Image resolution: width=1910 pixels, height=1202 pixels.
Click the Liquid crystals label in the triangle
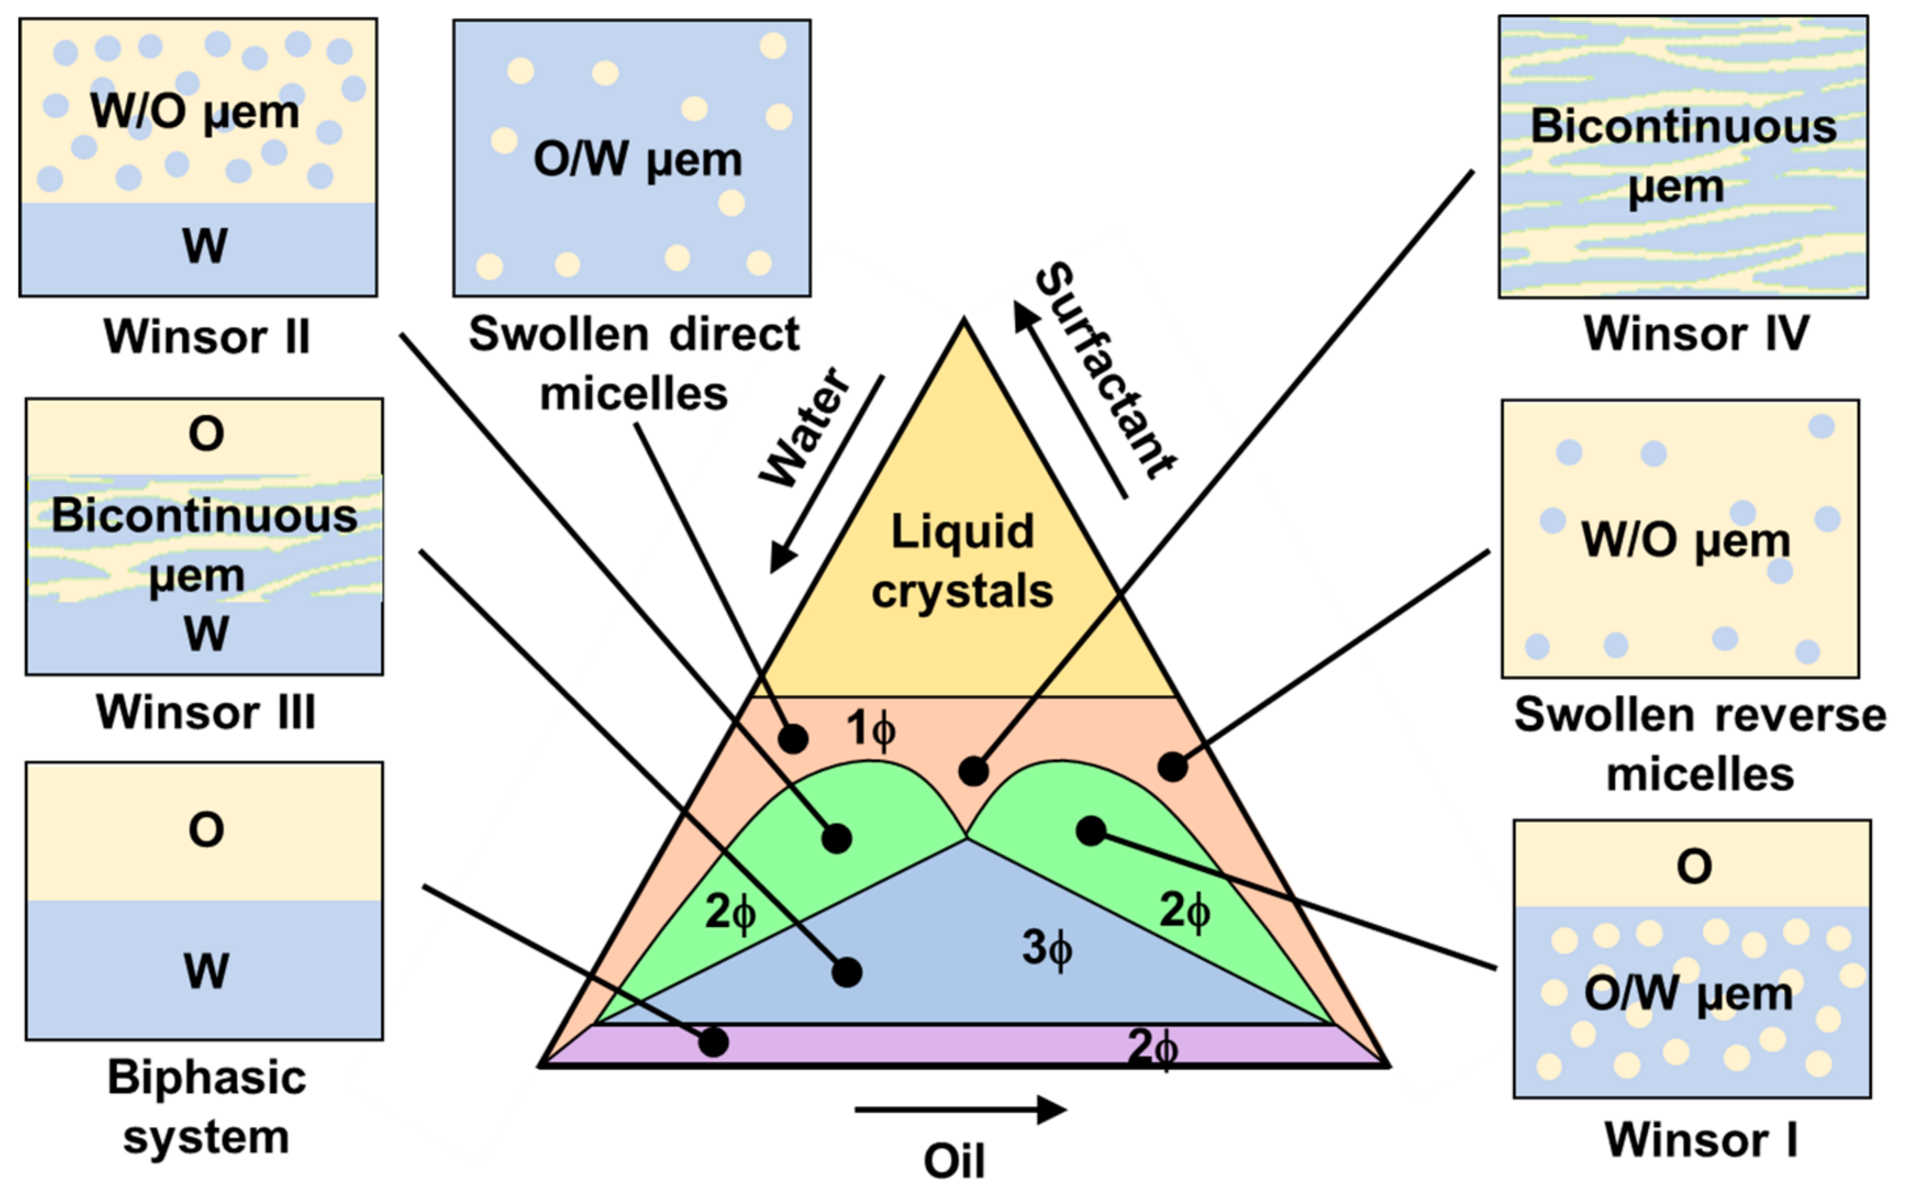point(962,560)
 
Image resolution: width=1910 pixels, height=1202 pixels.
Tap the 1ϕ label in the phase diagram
point(870,727)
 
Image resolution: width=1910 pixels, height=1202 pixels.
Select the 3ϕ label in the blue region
point(1046,947)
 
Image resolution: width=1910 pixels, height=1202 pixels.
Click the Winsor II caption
point(206,337)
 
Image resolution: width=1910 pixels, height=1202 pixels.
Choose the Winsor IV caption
point(1696,334)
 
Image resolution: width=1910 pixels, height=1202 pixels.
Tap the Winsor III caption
point(206,712)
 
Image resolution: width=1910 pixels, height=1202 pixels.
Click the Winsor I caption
point(1700,1140)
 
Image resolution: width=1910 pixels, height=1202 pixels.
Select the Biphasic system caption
point(206,1107)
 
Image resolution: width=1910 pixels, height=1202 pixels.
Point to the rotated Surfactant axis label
point(1106,371)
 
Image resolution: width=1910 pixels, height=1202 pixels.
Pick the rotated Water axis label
point(804,428)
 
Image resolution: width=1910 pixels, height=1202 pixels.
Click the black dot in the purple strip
point(713,1042)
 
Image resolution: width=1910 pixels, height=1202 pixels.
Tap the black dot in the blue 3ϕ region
point(847,972)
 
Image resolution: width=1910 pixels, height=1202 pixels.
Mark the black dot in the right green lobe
point(1091,830)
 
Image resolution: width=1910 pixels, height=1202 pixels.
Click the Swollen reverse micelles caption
point(1700,744)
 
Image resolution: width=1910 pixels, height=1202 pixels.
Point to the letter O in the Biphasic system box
point(206,830)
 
